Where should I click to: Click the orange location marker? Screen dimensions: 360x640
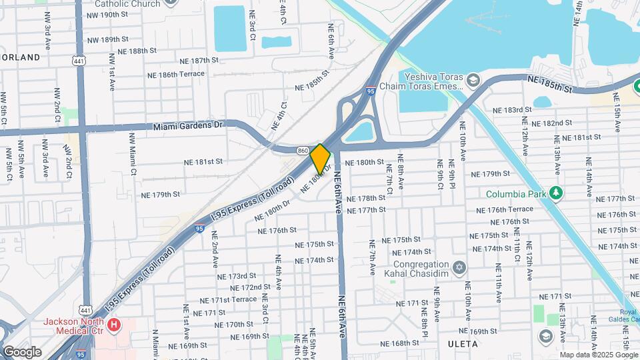pyautogui.click(x=320, y=158)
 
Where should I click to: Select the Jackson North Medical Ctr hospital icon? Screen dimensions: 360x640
pyautogui.click(x=115, y=325)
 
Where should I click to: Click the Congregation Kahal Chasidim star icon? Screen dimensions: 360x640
pyautogui.click(x=458, y=267)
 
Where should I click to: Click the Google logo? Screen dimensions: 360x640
pyautogui.click(x=21, y=351)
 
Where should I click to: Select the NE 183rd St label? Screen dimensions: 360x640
pyautogui.click(x=512, y=110)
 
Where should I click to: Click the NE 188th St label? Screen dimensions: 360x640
pyautogui.click(x=137, y=51)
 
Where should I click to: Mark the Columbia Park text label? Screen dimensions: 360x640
pyautogui.click(x=512, y=194)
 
